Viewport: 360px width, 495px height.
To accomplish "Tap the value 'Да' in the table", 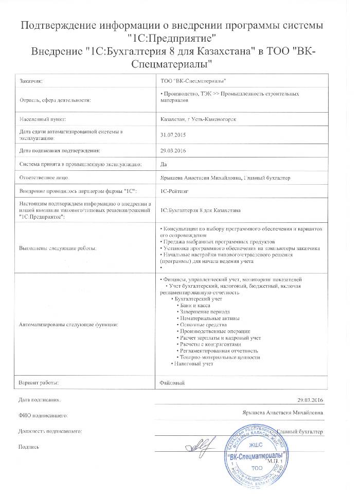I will click(x=164, y=164).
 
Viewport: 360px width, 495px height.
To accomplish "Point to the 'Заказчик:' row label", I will click(x=31, y=81).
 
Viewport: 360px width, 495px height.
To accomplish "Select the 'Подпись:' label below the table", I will click(x=29, y=447).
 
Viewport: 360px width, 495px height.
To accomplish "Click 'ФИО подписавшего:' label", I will click(x=43, y=414).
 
